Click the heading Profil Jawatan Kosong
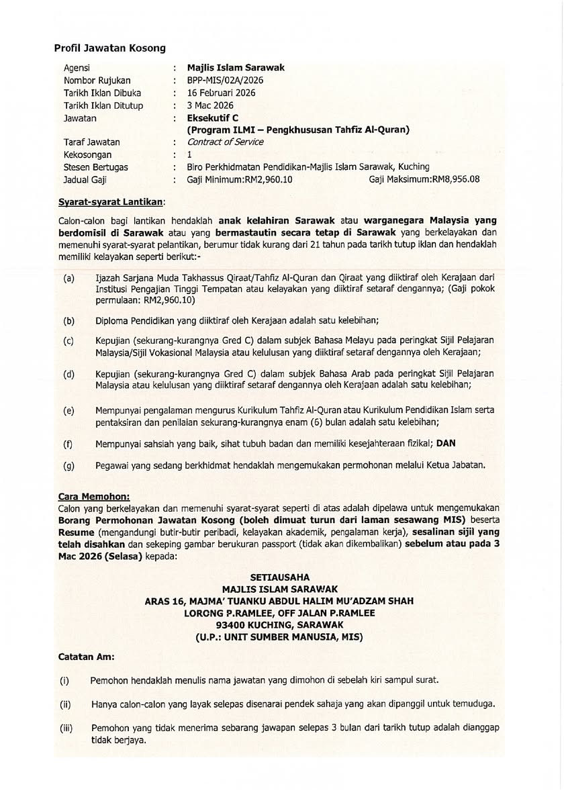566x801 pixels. coord(109,48)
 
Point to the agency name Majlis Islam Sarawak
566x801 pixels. coord(236,68)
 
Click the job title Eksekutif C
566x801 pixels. coord(208,118)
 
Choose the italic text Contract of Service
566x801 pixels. coord(225,142)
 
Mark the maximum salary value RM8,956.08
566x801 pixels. coord(455,180)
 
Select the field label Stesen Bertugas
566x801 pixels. coord(95,167)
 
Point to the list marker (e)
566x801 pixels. coord(68,410)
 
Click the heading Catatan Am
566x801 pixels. coord(86,657)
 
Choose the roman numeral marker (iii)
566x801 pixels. coord(66,727)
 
